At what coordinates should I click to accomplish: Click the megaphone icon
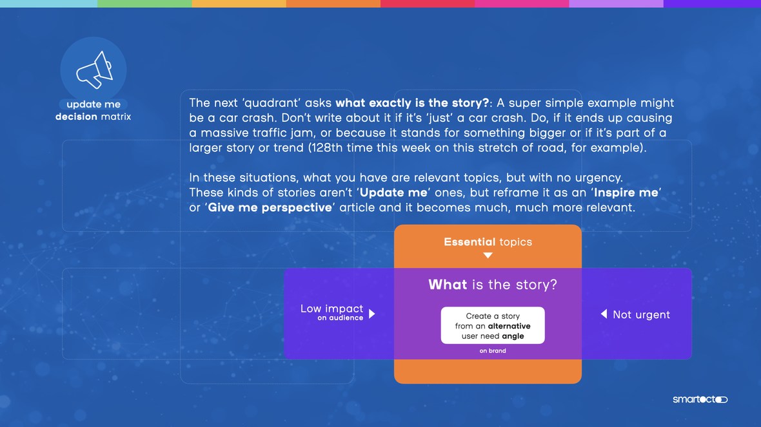point(95,70)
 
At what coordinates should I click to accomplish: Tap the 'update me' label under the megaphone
point(93,104)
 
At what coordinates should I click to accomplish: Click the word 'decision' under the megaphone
point(76,117)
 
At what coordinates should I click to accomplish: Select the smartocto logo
point(700,399)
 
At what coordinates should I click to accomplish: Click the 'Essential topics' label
point(488,242)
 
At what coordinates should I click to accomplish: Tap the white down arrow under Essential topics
point(488,256)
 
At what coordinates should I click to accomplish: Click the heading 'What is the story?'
point(493,285)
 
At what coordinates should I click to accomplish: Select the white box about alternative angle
point(493,325)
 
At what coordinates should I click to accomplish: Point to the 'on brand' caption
point(493,351)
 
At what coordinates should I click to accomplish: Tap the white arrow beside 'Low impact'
point(372,314)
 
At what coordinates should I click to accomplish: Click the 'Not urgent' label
point(641,314)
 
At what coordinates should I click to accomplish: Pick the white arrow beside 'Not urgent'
point(604,314)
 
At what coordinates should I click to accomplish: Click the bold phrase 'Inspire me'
point(626,193)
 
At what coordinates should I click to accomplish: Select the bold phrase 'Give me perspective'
point(270,207)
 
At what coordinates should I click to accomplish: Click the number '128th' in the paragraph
point(328,147)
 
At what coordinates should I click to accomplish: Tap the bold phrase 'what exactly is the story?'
point(413,103)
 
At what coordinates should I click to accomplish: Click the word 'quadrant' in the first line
point(270,103)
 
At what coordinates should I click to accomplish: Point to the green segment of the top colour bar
point(144,3)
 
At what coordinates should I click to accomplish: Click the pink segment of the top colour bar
point(522,3)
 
